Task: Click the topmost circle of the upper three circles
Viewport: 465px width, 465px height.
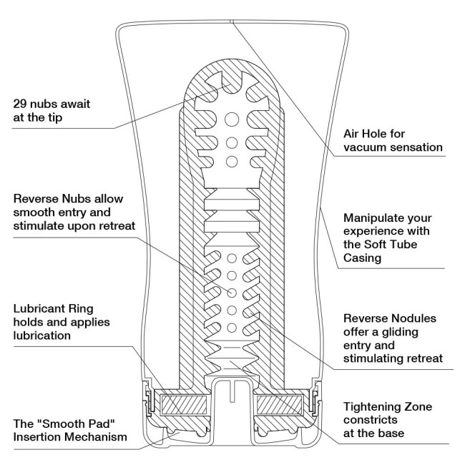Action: coord(231,117)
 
